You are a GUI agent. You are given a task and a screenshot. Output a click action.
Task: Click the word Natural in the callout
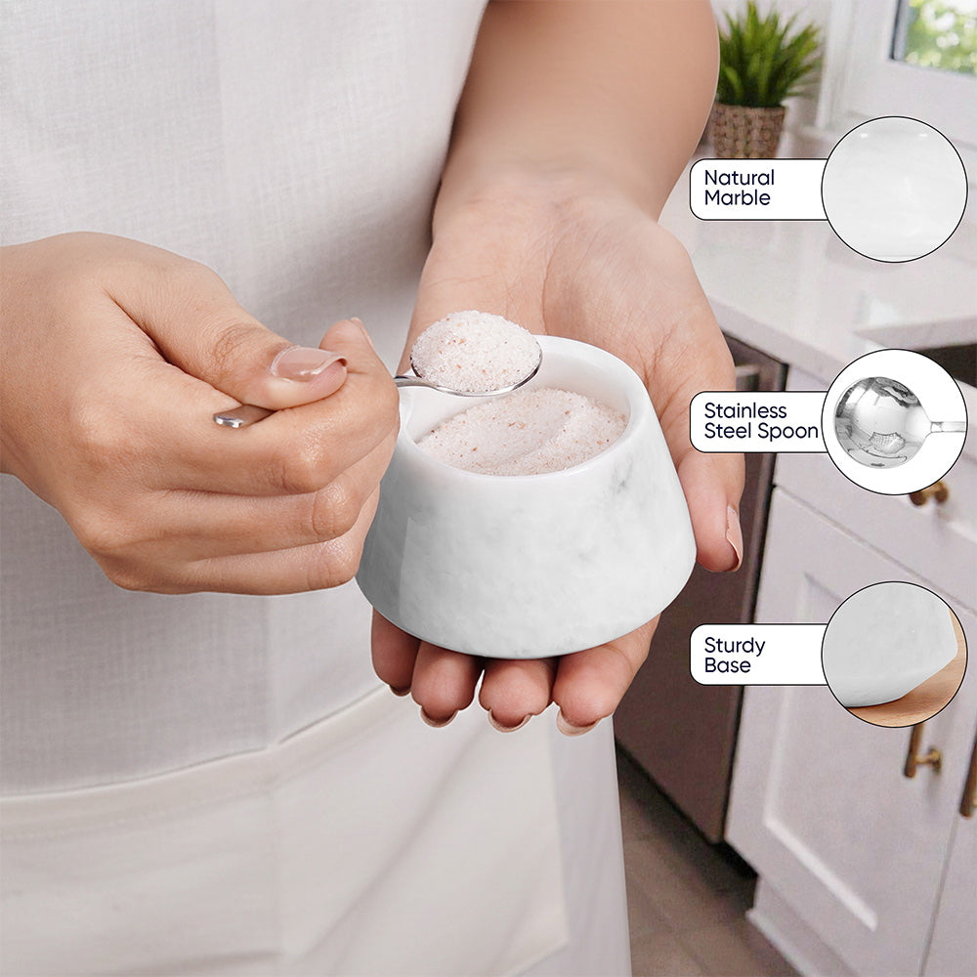click(739, 178)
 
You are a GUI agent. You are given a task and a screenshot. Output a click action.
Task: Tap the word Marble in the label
click(737, 198)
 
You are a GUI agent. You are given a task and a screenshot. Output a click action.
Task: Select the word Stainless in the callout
click(745, 411)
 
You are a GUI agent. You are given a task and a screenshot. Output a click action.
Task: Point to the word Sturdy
click(735, 646)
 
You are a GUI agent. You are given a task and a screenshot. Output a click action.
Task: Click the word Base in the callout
click(727, 665)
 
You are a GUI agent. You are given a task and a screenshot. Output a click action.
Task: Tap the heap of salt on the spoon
click(475, 351)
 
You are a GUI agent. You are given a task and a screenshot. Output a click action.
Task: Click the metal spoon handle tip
click(226, 419)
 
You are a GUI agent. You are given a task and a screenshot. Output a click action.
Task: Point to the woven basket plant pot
click(745, 130)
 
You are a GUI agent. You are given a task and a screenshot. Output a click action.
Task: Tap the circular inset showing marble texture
click(894, 189)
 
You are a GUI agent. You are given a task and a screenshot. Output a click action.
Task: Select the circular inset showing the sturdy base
click(894, 654)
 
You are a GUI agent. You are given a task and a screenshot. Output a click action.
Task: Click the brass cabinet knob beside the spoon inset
click(930, 493)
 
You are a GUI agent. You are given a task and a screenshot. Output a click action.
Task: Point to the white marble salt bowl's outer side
click(527, 561)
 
